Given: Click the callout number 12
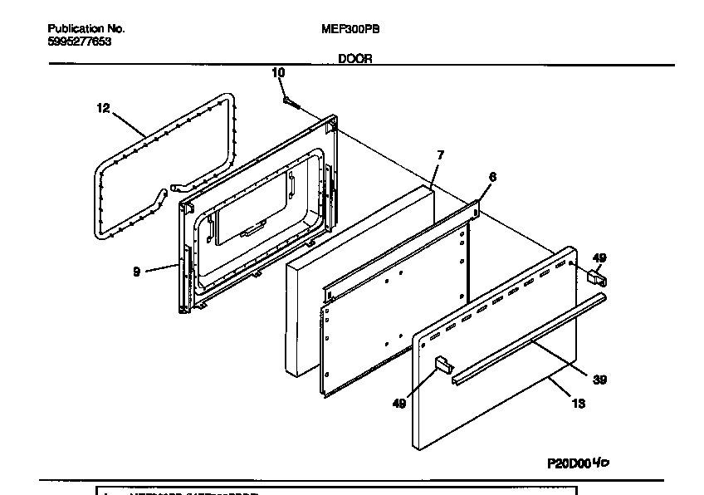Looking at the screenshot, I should (x=103, y=108).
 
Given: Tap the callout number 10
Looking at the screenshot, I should (x=278, y=73).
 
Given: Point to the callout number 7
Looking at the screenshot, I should (x=441, y=154).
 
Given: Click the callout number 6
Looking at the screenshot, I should (x=492, y=176).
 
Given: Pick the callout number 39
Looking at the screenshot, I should (x=599, y=380).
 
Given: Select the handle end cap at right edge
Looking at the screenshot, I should (x=595, y=277).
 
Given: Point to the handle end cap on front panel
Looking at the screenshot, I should (x=442, y=363).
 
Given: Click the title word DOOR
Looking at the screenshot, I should (x=354, y=58).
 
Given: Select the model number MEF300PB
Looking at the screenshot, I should (x=350, y=28).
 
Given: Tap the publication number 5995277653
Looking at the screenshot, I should (x=79, y=41).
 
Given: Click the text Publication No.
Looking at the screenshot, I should (x=86, y=28).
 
